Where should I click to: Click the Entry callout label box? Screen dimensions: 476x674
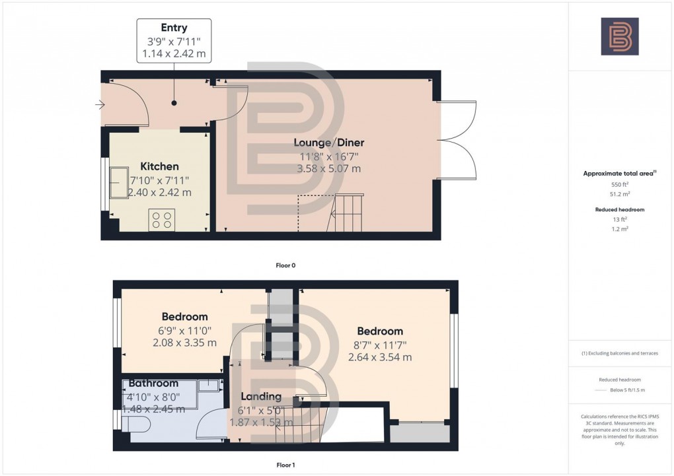tap(174, 41)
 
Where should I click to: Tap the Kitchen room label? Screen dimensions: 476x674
tap(159, 166)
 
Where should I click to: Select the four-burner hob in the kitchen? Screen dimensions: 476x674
tap(162, 219)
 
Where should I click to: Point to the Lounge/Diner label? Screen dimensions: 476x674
tap(328, 143)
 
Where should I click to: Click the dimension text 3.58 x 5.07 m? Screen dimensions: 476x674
tap(328, 168)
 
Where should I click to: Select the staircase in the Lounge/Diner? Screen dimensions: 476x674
tap(348, 213)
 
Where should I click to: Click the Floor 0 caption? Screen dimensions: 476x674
tap(285, 265)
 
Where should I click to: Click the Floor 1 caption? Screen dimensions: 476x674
tap(285, 465)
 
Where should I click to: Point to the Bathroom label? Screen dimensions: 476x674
tap(153, 383)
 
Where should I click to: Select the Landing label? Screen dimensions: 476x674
tap(260, 397)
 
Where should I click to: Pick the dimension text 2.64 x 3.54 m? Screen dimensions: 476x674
tap(380, 357)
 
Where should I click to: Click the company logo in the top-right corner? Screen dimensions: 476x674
tap(619, 36)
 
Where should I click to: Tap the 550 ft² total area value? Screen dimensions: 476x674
tap(619, 186)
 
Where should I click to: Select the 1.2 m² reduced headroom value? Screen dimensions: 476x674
tap(619, 228)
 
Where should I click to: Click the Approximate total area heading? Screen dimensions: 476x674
tap(618, 174)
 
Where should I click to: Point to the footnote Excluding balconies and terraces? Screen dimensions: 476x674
tap(619, 353)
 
